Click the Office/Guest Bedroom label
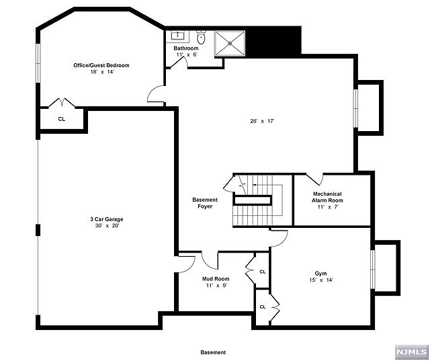coord(101,65)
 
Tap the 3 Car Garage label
coord(107,219)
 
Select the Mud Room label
coord(216,279)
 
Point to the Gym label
coord(320,274)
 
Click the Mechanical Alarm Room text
coord(327,197)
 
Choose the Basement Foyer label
coord(205,203)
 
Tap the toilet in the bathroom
coord(201,38)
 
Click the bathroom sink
coord(178,35)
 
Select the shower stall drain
coord(230,43)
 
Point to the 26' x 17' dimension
coord(262,121)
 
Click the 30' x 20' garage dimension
coord(107,226)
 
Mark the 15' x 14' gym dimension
coord(320,280)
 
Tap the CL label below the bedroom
coord(62,119)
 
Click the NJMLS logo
coord(412,352)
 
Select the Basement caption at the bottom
coord(213,352)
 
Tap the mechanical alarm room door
coord(315,179)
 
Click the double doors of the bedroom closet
coord(62,102)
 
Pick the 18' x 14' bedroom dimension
coord(101,72)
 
